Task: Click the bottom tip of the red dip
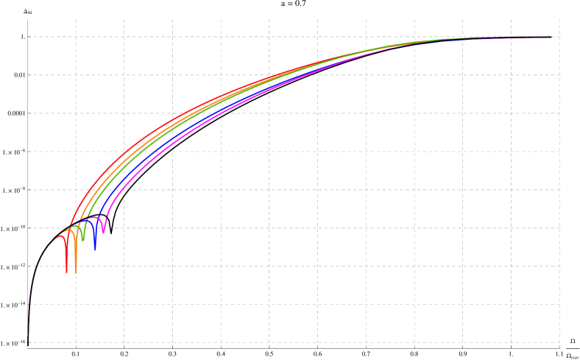coord(66,273)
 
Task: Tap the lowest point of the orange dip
coord(76,273)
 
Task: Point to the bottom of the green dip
coord(83,241)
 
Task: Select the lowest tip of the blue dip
coord(95,250)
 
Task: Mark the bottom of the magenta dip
coord(104,233)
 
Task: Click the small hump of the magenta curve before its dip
coord(99,218)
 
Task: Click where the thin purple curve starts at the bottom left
coord(28,342)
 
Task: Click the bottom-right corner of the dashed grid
coord(559,342)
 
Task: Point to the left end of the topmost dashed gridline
coord(29,37)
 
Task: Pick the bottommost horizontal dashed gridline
coord(294,342)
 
